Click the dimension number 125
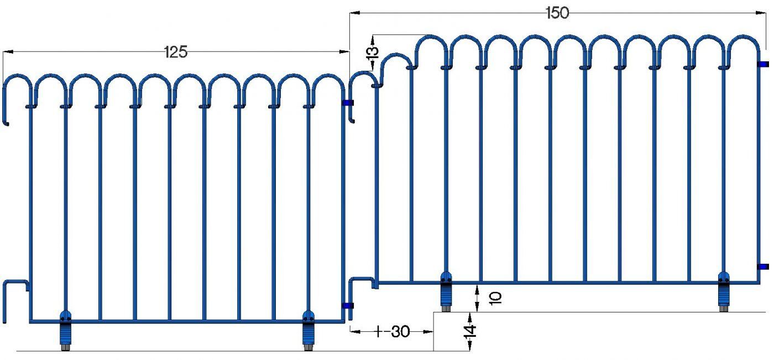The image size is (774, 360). pyautogui.click(x=176, y=53)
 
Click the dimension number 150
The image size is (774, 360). pyautogui.click(x=557, y=13)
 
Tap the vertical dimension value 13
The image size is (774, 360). pyautogui.click(x=373, y=53)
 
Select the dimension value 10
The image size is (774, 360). pyautogui.click(x=496, y=297)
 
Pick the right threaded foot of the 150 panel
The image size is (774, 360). pyautogui.click(x=724, y=293)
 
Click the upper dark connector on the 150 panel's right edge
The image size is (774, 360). pyautogui.click(x=763, y=64)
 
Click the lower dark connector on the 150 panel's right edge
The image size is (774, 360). pyautogui.click(x=763, y=267)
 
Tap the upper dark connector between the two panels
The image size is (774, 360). pyautogui.click(x=348, y=103)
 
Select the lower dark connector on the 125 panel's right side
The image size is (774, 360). pyautogui.click(x=348, y=305)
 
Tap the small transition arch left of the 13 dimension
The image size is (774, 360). pyautogui.click(x=394, y=61)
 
